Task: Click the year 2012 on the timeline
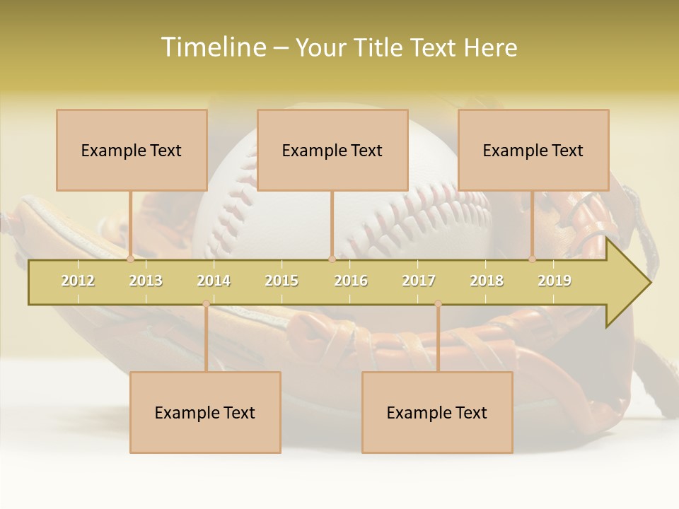pos(78,281)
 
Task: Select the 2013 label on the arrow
pos(146,281)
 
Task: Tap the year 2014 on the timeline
pos(214,281)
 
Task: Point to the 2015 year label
pos(282,281)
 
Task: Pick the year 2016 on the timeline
pos(351,281)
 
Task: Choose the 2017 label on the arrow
pos(419,281)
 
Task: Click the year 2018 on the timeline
pos(487,281)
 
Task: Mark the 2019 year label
pos(555,281)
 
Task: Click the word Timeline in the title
pos(213,47)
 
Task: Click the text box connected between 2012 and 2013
pos(132,150)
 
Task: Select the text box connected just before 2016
pos(332,150)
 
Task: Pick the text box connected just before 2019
pos(533,150)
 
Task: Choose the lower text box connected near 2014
pos(205,412)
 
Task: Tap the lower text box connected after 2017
pos(437,412)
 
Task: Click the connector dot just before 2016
pos(332,259)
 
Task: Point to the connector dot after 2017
pos(438,304)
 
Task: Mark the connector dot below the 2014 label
pos(206,304)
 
